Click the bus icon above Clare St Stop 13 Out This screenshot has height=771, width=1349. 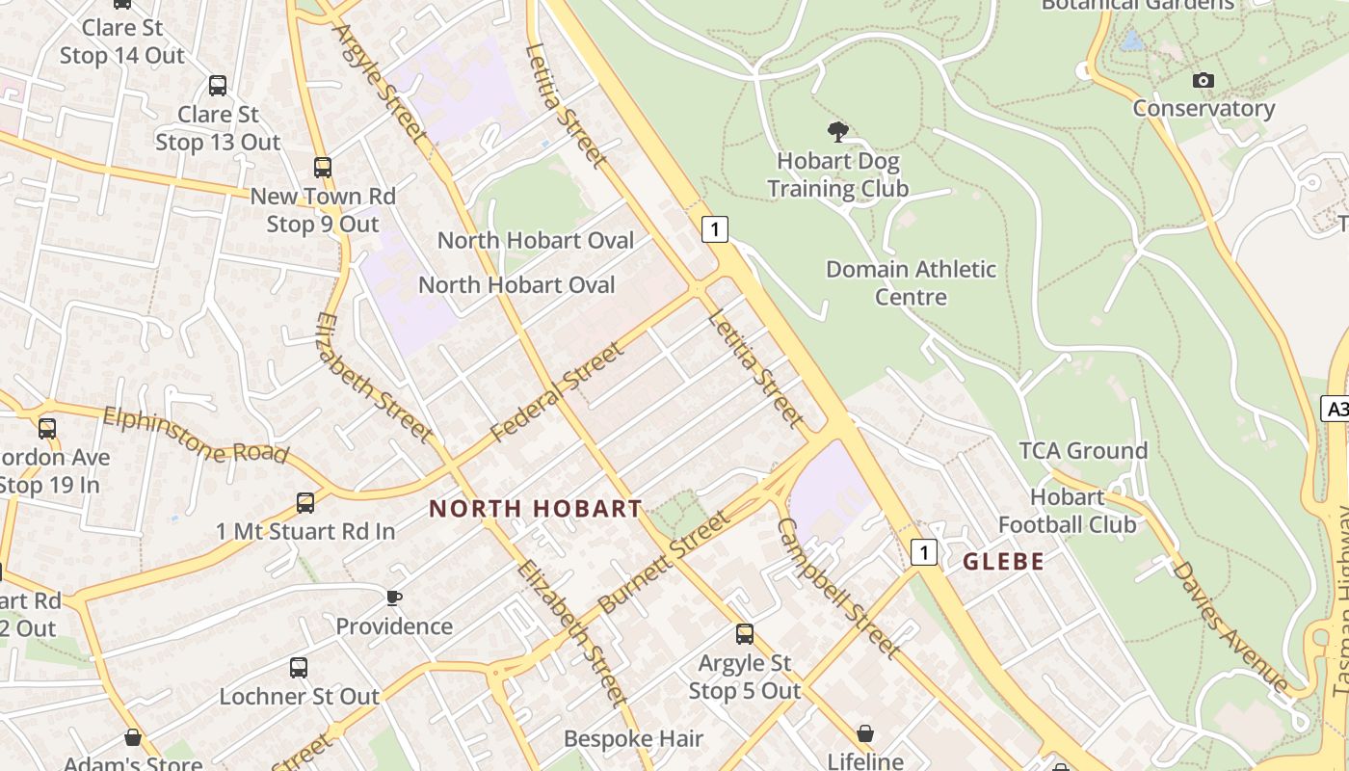tap(218, 86)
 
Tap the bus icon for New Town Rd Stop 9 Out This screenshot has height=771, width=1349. tap(323, 168)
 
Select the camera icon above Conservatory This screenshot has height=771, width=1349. tap(1203, 81)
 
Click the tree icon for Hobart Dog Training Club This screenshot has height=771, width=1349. tap(838, 132)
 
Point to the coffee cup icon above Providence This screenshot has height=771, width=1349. tap(394, 598)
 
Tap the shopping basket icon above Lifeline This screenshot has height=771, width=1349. tap(865, 733)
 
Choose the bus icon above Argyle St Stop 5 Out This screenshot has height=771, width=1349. tap(745, 633)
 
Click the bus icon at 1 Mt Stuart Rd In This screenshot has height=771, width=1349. tap(305, 502)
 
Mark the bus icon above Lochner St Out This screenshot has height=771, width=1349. tap(299, 667)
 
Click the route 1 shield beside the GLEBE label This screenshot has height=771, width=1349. tap(924, 552)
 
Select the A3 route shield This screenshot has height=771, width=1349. tap(1336, 410)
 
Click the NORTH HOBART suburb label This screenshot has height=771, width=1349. tap(535, 509)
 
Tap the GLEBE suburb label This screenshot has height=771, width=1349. tap(1003, 562)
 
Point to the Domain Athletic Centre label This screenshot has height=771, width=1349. tap(911, 282)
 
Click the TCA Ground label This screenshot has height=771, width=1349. tap(1083, 451)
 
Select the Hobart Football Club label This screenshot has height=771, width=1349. tap(1067, 511)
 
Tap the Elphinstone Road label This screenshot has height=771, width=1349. tap(195, 435)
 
